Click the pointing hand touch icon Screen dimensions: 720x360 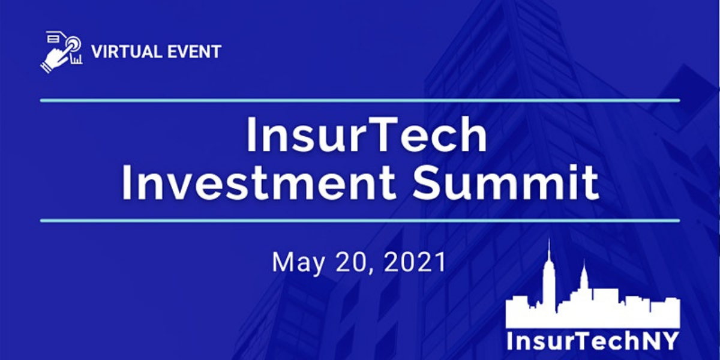pyautogui.click(x=61, y=52)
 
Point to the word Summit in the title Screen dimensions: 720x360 pyautogui.click(x=506, y=182)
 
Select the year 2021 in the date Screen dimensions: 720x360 pyautogui.click(x=415, y=262)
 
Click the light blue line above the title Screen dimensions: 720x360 pyautogui.click(x=360, y=101)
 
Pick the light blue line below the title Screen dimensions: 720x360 pyautogui.click(x=360, y=221)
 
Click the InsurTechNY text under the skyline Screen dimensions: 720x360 pyautogui.click(x=593, y=341)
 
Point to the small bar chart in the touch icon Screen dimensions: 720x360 pyautogui.click(x=77, y=59)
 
